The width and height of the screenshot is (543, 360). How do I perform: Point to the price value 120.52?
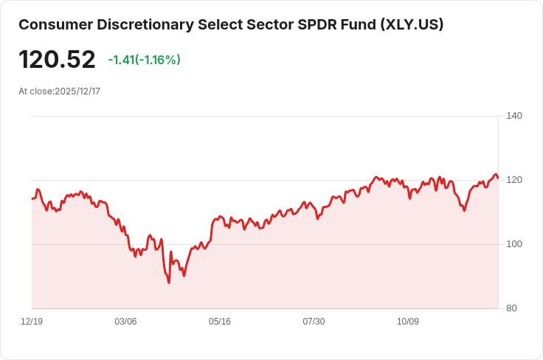pos(57,60)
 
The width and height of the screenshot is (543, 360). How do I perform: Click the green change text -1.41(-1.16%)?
pos(144,60)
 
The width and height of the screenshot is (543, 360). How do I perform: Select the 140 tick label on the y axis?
pos(514,116)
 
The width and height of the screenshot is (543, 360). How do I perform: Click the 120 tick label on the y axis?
pos(514,180)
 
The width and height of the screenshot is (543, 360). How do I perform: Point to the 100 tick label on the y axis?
pos(514,244)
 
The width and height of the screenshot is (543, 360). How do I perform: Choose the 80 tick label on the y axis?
pos(512,308)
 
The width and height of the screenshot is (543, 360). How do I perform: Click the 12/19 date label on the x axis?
pos(32,322)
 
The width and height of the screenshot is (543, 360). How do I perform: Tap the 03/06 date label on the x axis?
pos(125,322)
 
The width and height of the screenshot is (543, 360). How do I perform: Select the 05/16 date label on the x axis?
pos(220,322)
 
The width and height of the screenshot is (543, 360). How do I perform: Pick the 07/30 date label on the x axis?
pos(314,322)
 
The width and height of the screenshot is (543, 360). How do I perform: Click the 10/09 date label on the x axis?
pos(408,322)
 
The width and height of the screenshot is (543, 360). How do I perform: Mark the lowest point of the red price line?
pos(169,283)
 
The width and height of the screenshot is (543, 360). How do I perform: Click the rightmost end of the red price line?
pos(498,178)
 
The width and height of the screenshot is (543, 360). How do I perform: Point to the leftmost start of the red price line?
pos(32,198)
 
